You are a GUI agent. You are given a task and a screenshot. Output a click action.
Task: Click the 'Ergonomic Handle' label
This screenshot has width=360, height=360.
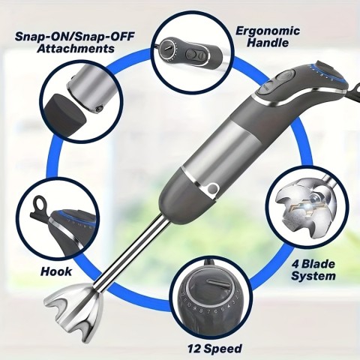(268, 37)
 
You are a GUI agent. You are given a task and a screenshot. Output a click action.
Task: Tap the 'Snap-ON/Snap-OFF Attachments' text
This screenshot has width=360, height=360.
(66, 42)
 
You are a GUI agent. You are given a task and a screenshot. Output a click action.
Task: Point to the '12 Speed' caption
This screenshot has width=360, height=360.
(215, 348)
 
